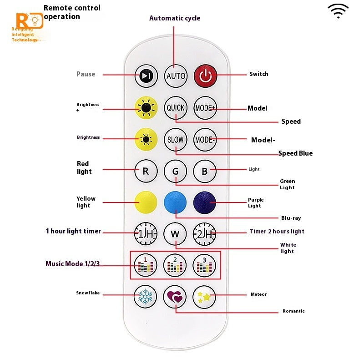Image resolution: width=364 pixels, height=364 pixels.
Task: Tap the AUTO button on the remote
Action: pyautogui.click(x=176, y=76)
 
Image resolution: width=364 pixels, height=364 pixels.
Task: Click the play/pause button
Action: pyautogui.click(x=147, y=76)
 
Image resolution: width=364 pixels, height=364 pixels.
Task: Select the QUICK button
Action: pyautogui.click(x=176, y=108)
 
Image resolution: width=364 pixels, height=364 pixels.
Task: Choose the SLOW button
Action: pyautogui.click(x=176, y=140)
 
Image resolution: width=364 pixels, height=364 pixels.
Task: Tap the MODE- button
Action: pyautogui.click(x=205, y=140)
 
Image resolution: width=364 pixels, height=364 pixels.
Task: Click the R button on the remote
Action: pyautogui.click(x=146, y=171)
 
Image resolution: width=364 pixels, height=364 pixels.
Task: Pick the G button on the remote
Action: pyautogui.click(x=176, y=171)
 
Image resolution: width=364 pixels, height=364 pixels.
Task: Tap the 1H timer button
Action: pyautogui.click(x=146, y=234)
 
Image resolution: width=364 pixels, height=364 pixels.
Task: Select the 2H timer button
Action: pyautogui.click(x=205, y=234)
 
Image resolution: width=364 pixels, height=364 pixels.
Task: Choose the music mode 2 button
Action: pyautogui.click(x=176, y=265)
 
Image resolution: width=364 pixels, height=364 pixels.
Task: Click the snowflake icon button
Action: pyautogui.click(x=146, y=297)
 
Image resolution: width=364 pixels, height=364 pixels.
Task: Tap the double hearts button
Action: pyautogui.click(x=176, y=297)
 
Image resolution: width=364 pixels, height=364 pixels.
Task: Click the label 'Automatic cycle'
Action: pyautogui.click(x=175, y=18)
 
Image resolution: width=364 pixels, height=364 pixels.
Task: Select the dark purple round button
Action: pyautogui.click(x=205, y=202)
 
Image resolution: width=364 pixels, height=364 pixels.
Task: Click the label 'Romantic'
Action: pyautogui.click(x=293, y=311)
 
